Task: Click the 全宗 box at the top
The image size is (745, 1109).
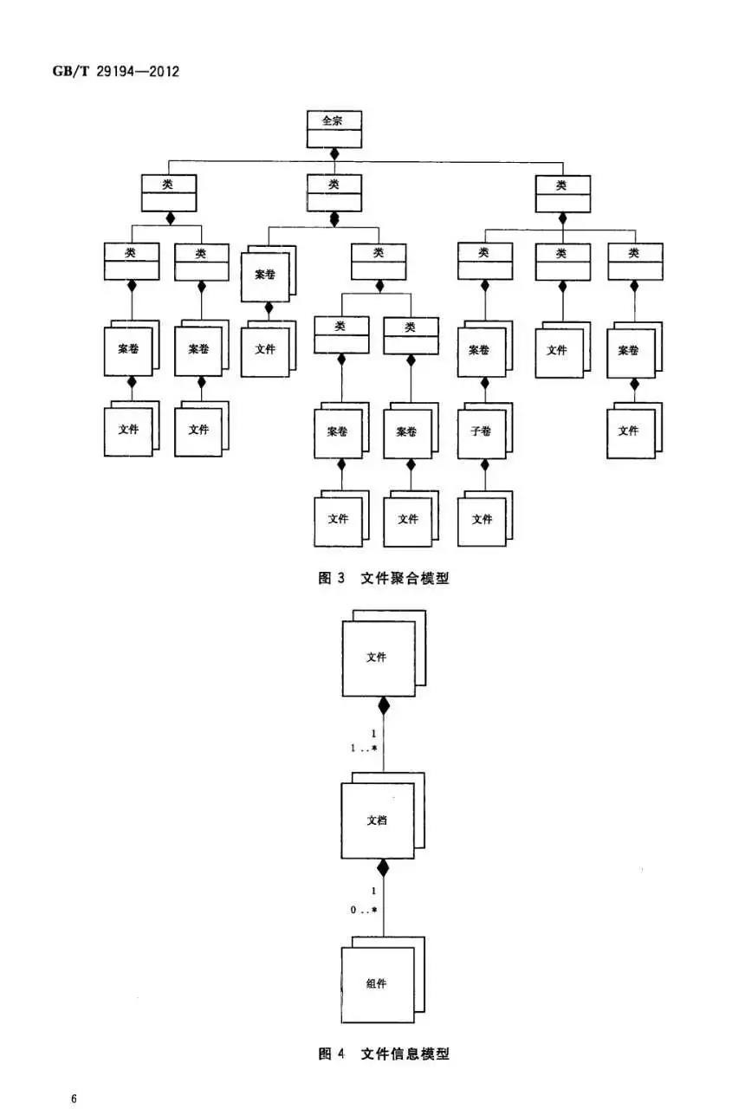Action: point(334,128)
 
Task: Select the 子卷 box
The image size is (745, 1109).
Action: point(481,431)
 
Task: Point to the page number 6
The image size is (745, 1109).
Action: point(74,1099)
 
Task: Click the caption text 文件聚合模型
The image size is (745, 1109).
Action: point(405,578)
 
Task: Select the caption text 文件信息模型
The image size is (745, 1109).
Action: point(405,1054)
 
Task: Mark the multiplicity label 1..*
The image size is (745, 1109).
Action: point(363,747)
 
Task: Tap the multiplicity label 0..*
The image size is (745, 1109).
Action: point(363,910)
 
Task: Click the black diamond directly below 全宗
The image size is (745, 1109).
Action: point(334,154)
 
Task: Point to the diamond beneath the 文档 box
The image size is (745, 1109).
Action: point(382,866)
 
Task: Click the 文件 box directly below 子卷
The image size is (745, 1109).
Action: point(482,519)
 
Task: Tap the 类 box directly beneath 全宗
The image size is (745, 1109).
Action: point(334,192)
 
